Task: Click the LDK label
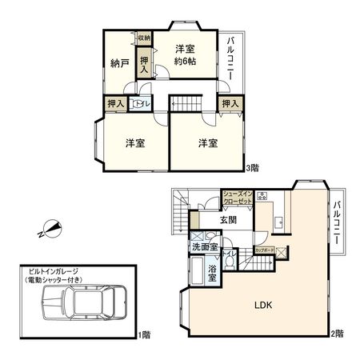[263, 305]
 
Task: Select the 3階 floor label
[253, 168]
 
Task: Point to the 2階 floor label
[337, 333]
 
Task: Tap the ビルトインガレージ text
[57, 272]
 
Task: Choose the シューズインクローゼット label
[238, 198]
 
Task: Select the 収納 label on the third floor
[144, 38]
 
